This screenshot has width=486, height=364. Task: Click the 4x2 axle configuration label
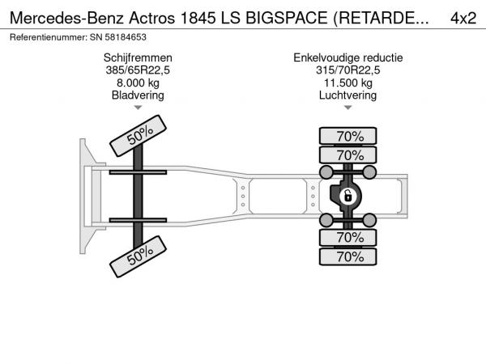coord(463,19)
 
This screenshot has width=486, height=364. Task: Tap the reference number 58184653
coord(126,37)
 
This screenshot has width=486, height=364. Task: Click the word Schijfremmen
coord(138,58)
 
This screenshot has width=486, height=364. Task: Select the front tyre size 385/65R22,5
coord(138,70)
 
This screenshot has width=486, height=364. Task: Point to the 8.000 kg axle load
coord(138,83)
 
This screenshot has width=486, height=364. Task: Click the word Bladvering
coord(138,95)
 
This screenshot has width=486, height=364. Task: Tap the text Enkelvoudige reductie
coord(348,58)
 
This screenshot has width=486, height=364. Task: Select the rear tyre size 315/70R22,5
coord(348,70)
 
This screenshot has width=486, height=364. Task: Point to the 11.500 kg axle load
coord(348,83)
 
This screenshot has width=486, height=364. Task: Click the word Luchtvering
coord(348,95)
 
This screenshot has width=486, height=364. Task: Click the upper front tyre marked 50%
coord(139,136)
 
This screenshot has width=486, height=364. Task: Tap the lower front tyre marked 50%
coord(139,256)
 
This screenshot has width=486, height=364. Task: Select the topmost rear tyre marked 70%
coord(348,136)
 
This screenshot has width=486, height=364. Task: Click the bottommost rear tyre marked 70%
coord(348,256)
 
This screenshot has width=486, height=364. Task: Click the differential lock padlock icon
coord(347,197)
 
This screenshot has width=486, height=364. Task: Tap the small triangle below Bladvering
coord(138,108)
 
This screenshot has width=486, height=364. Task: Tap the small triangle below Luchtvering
coord(348,108)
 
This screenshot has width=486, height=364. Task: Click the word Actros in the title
coord(152,19)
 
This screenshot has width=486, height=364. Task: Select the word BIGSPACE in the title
coord(287,19)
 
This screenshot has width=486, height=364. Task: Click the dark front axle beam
coord(139,197)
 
